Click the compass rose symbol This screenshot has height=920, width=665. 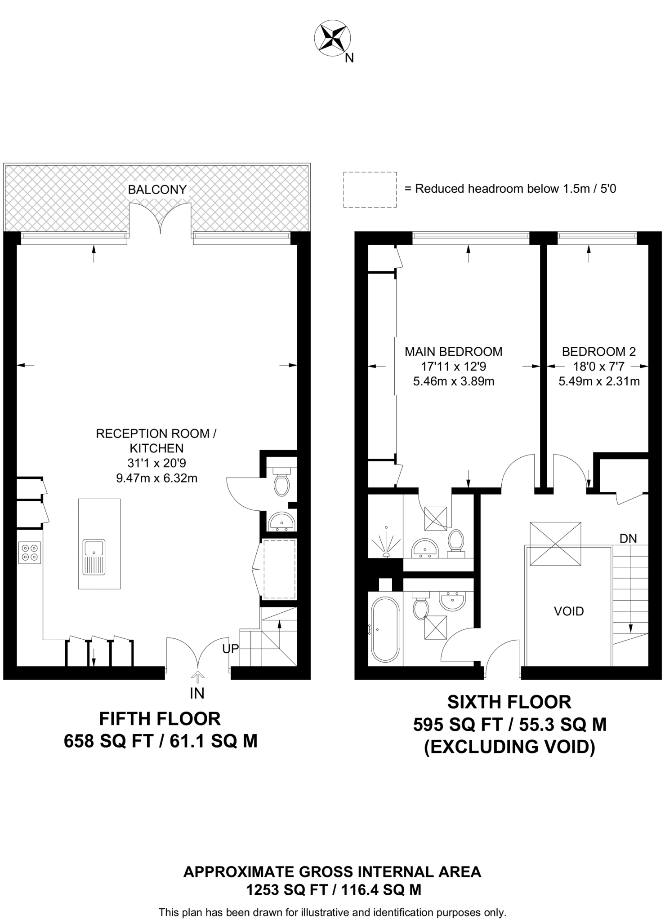[332, 39]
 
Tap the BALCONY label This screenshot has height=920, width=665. [157, 190]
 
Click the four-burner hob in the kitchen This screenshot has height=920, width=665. [30, 553]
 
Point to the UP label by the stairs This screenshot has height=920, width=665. [231, 648]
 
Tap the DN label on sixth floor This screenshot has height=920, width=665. [628, 538]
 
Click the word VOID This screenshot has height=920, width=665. [569, 611]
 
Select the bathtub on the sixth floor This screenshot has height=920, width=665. [385, 629]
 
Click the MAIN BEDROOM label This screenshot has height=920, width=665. [453, 352]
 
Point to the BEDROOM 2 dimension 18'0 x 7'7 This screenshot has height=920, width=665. [598, 367]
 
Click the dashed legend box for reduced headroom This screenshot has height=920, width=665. [370, 190]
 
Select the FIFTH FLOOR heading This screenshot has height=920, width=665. [160, 719]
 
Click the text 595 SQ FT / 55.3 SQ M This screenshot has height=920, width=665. [509, 725]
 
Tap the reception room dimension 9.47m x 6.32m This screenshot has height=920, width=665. [156, 478]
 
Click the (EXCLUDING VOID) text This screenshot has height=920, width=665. [509, 747]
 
